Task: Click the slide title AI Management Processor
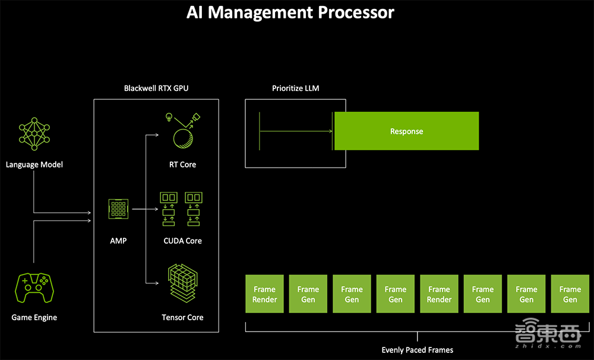[290, 12]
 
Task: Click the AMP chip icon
[119, 209]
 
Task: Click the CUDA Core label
[182, 241]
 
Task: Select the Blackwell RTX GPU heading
[156, 88]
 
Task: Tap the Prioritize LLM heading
[296, 88]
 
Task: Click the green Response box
[406, 131]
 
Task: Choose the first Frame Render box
[265, 294]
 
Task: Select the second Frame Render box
[440, 294]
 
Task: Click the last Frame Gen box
[570, 294]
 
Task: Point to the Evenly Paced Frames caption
[418, 350]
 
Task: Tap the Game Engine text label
[34, 317]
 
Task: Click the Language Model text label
[34, 165]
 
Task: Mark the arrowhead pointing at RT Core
[156, 135]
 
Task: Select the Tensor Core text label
[182, 317]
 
